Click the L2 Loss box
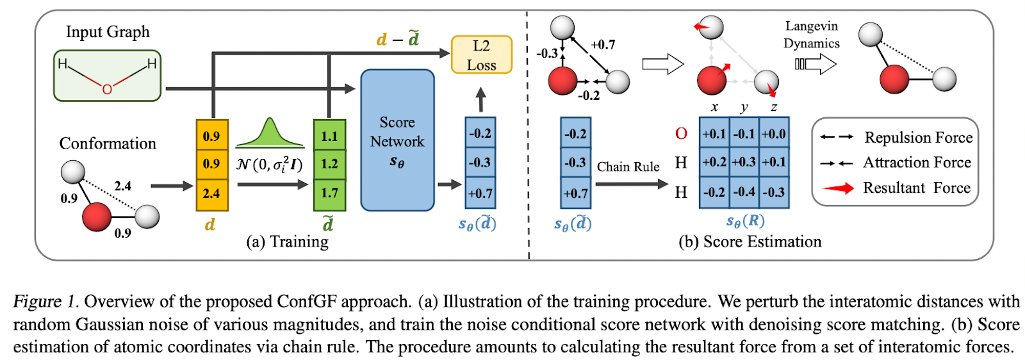(x=481, y=55)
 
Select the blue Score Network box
(x=397, y=140)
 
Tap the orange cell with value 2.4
(x=211, y=193)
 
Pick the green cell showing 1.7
(x=329, y=193)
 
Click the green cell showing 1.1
(x=329, y=136)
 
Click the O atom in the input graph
(x=107, y=89)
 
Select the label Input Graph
(x=108, y=32)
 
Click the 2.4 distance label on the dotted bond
(x=122, y=186)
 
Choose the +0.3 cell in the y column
(x=744, y=162)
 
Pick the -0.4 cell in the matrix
(x=744, y=192)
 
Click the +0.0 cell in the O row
(x=774, y=134)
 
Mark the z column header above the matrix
(x=774, y=108)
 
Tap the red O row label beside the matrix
(x=681, y=134)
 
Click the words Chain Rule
(x=628, y=167)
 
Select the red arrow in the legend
(x=838, y=188)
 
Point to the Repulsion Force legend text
(x=918, y=138)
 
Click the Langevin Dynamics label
(x=811, y=35)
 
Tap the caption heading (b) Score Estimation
(x=750, y=241)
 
